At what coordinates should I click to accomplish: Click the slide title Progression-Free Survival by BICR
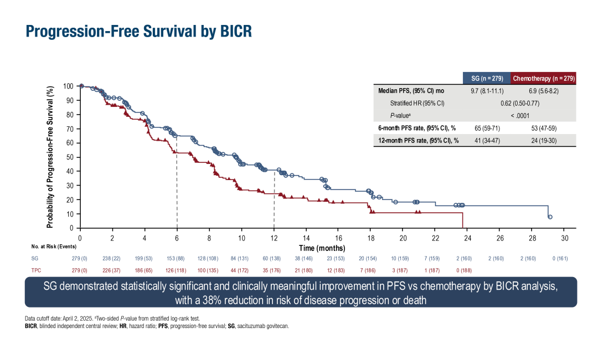139,31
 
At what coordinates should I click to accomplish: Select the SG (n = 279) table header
487,78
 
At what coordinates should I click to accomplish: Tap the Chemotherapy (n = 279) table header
543,78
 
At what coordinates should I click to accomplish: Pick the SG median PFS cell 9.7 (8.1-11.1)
487,90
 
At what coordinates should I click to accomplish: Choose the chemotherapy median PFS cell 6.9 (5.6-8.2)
543,90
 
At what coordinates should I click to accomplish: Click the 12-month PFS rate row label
419,140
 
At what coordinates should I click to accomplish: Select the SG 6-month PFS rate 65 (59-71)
487,128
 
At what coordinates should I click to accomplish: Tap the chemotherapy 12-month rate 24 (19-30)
543,140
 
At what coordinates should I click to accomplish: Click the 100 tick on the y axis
68,86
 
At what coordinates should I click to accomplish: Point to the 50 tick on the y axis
70,157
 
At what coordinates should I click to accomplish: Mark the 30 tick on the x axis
565,238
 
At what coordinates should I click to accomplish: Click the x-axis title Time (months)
322,248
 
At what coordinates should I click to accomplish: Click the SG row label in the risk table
35,259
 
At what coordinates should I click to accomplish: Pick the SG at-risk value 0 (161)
565,259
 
